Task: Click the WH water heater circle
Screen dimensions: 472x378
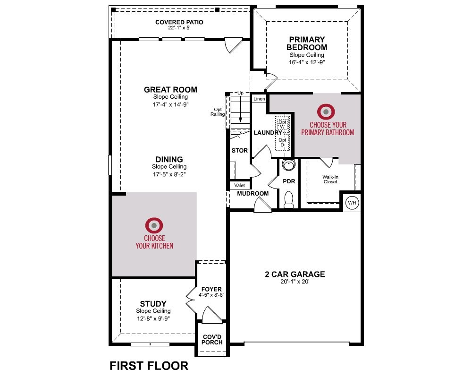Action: [352, 203]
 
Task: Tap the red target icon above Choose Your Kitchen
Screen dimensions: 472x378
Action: [154, 225]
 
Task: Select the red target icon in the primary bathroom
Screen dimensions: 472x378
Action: [326, 112]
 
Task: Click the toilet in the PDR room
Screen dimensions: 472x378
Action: [289, 199]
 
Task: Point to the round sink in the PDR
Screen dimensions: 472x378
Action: [289, 165]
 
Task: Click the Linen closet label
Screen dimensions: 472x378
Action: [259, 99]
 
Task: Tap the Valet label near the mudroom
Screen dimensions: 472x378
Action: [240, 185]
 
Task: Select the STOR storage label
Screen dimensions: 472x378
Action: [240, 150]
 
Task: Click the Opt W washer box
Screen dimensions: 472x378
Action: [283, 124]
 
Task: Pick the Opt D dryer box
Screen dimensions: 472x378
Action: [283, 142]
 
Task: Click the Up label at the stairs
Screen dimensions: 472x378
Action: [241, 93]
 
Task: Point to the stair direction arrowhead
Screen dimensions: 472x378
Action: [240, 120]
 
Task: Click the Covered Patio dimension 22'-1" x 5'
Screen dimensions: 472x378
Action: [179, 28]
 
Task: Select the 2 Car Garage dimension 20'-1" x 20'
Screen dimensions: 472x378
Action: [295, 282]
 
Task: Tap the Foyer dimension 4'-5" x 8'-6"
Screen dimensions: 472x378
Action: [211, 295]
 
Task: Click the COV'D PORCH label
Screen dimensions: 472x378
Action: [212, 340]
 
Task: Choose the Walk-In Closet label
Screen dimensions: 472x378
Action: [330, 180]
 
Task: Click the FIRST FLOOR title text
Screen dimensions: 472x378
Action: [149, 366]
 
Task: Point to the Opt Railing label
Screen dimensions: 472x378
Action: [218, 112]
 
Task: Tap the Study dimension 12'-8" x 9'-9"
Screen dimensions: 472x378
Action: [153, 318]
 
